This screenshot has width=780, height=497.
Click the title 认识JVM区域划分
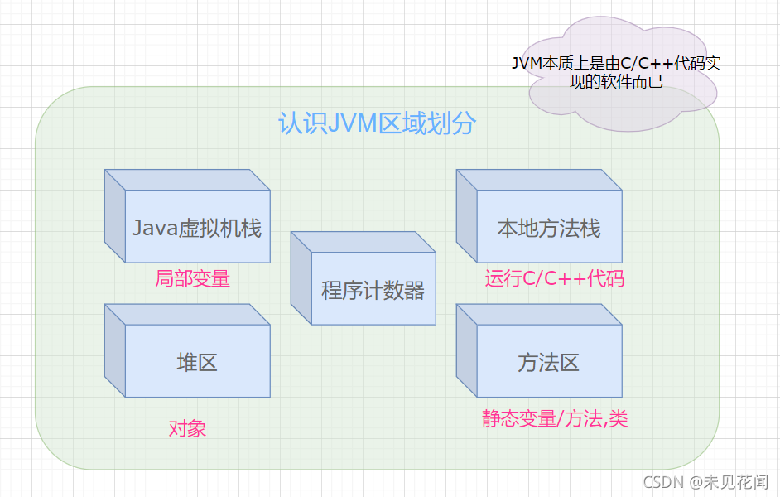[x=377, y=123]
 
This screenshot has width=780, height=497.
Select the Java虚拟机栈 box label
[x=197, y=229]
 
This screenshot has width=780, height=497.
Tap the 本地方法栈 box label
[x=549, y=229]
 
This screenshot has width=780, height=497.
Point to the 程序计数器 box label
[x=373, y=291]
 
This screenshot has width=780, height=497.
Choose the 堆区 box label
[x=197, y=363]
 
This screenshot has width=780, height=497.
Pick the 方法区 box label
[x=549, y=363]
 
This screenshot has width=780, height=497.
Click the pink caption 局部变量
[x=192, y=278]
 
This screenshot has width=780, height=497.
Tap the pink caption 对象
[x=187, y=428]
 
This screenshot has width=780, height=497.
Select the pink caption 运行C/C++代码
[x=555, y=278]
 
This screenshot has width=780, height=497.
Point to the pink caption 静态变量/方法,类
[x=555, y=419]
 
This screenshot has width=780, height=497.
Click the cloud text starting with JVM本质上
[x=616, y=71]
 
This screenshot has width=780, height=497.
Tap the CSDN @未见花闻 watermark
[x=705, y=482]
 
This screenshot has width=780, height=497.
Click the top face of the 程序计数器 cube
[x=364, y=242]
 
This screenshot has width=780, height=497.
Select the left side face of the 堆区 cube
[x=115, y=350]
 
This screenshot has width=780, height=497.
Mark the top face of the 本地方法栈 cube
[x=539, y=180]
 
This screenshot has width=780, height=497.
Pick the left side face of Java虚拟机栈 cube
[x=115, y=216]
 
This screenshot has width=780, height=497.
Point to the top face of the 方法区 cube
[x=539, y=315]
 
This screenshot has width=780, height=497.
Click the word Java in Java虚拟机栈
[x=155, y=229]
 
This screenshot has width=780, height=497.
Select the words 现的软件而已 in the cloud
[x=616, y=81]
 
